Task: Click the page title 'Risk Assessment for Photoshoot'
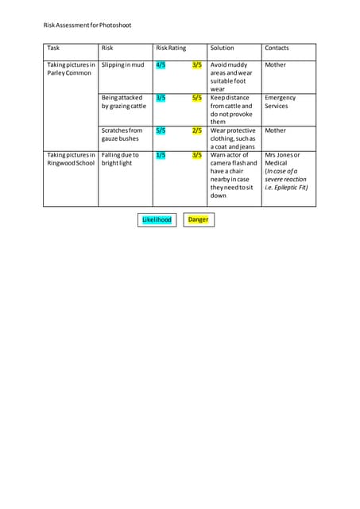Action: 87,25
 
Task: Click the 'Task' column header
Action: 53,49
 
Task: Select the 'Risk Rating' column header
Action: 171,49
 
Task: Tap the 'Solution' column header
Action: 222,49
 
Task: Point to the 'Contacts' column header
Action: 277,49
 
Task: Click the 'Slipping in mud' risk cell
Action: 123,64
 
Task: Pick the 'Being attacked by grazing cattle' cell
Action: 123,102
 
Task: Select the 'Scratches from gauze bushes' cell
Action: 122,134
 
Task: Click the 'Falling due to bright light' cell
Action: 120,159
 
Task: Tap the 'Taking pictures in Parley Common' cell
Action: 71,69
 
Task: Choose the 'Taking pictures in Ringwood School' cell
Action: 71,159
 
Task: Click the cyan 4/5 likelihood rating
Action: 161,64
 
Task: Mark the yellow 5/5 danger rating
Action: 197,98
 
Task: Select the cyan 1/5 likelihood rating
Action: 161,155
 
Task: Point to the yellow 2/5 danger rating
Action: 197,130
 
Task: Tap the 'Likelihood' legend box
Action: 157,220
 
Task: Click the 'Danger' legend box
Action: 198,220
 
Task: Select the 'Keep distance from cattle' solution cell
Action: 231,110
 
